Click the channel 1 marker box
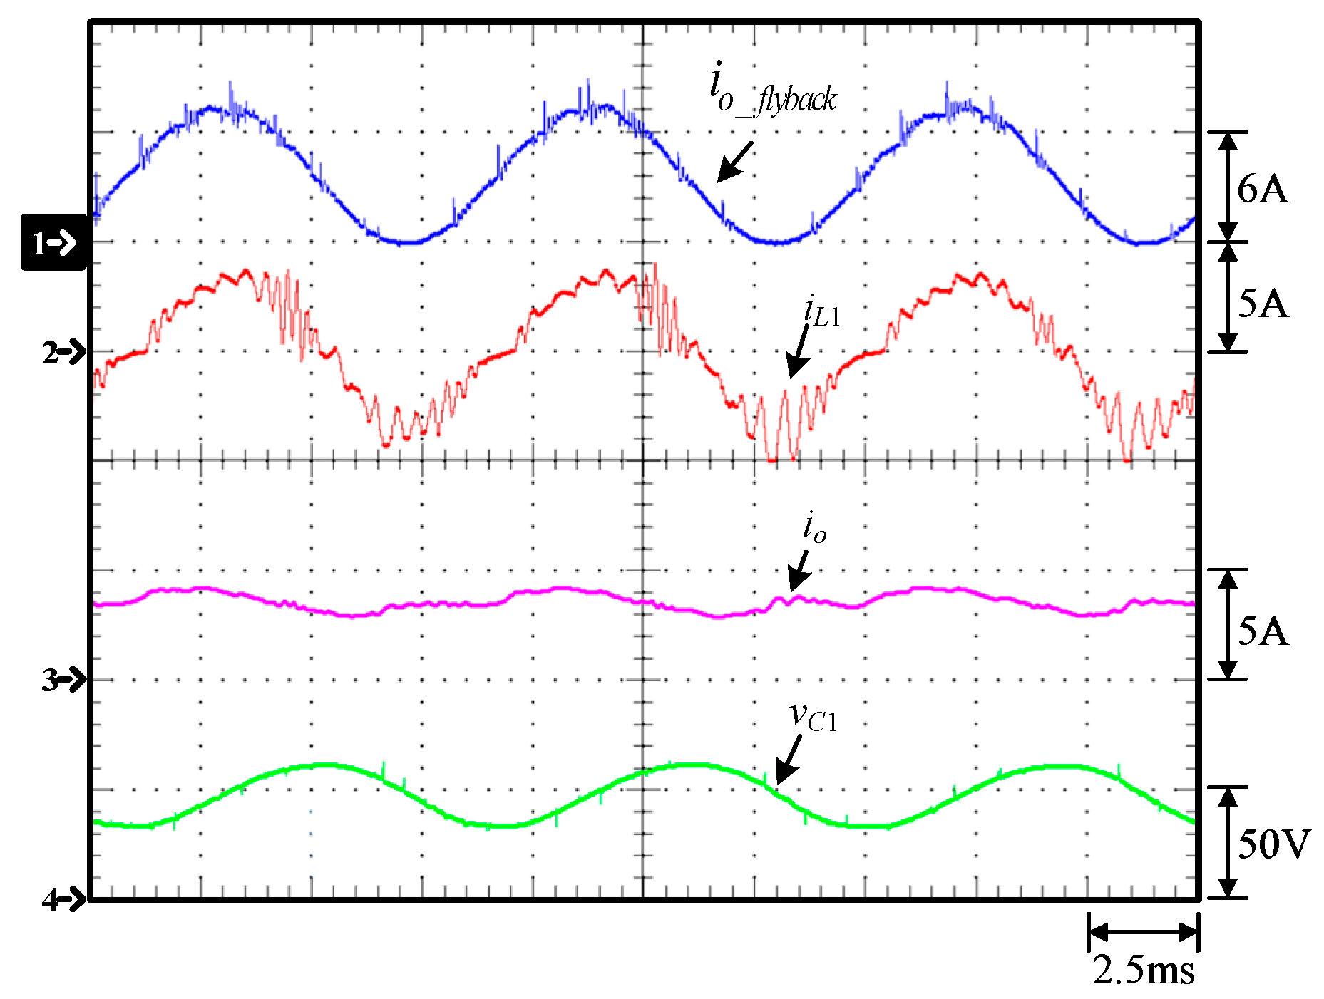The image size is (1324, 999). pos(54,242)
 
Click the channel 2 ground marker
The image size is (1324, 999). pos(63,352)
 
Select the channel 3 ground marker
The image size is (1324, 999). pos(63,680)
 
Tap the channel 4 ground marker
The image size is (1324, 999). pos(63,900)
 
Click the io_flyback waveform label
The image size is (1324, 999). pos(773,91)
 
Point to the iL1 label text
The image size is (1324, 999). pos(822,311)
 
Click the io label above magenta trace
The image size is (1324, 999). pos(815,527)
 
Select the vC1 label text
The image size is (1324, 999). pos(814,716)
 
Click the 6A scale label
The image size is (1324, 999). pos(1263,189)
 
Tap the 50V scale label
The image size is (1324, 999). pos(1273,844)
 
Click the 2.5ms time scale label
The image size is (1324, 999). pos(1143,970)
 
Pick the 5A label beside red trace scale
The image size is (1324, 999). pos(1263,304)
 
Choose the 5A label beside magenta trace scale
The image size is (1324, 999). pos(1263,631)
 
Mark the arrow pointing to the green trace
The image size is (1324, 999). pos(788,760)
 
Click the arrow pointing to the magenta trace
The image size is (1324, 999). pos(799,571)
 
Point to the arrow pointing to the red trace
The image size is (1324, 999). pos(799,352)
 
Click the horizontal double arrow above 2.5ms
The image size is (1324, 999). pos(1143,932)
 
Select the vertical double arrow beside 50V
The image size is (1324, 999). pos(1227,843)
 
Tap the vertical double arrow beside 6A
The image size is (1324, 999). pos(1227,187)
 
